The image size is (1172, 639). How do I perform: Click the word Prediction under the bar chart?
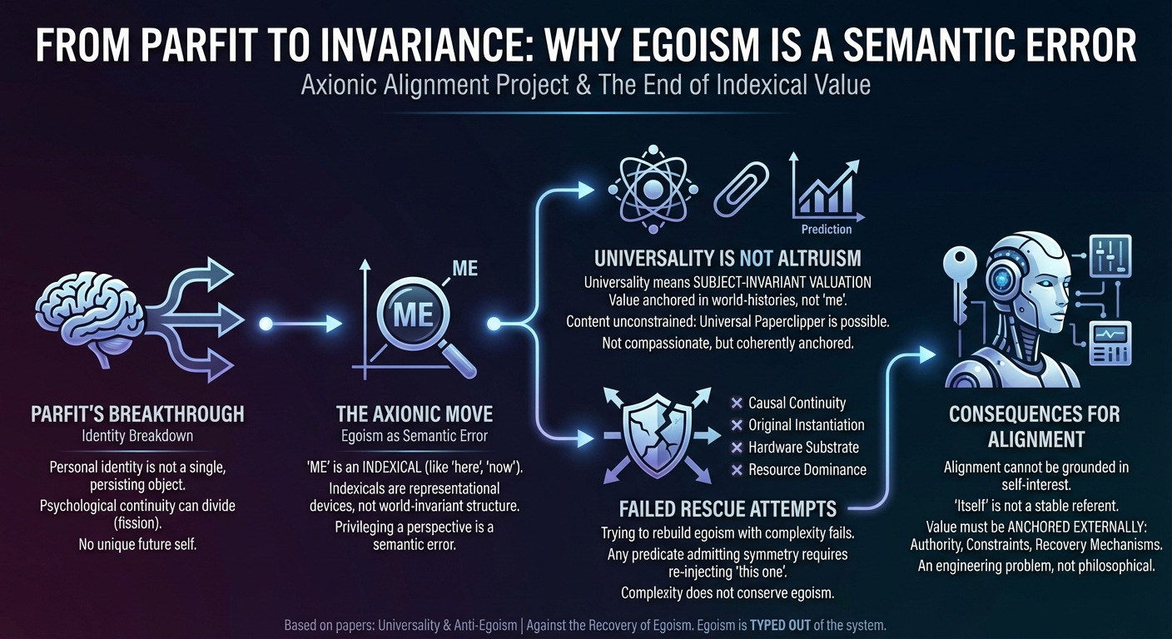(x=826, y=229)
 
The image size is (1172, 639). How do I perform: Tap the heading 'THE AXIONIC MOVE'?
(x=414, y=414)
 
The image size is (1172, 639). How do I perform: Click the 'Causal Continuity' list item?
(x=797, y=403)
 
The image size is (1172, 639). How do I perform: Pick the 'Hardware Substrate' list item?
(x=803, y=447)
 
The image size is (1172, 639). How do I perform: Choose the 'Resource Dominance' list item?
(x=807, y=469)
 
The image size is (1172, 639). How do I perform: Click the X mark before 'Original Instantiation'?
(x=736, y=425)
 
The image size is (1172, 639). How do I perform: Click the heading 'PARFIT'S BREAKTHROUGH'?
(x=137, y=414)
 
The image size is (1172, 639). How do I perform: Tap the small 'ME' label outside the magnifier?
(x=464, y=270)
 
